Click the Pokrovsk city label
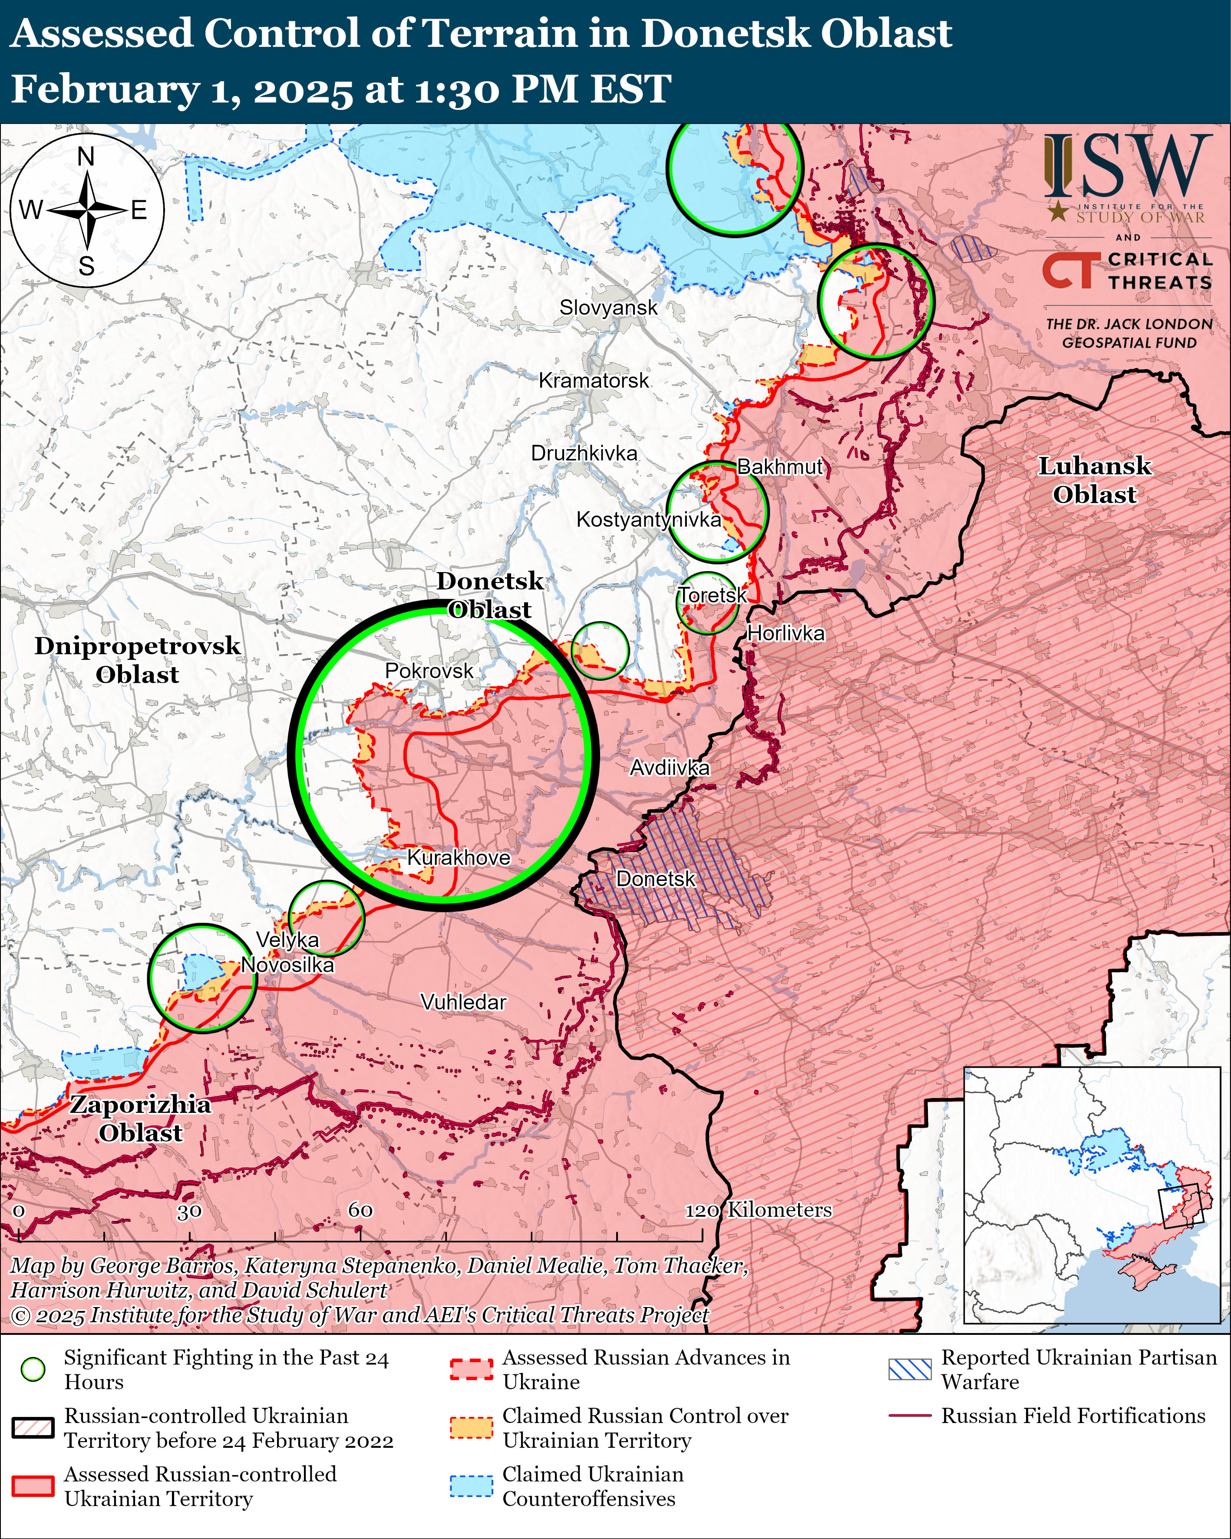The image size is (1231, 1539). (x=429, y=671)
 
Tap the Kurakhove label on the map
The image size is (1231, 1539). (x=458, y=857)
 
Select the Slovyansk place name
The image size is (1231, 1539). (x=608, y=308)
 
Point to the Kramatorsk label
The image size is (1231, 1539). (x=594, y=381)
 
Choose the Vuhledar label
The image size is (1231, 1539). (x=463, y=1002)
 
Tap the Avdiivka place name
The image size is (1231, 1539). (x=670, y=768)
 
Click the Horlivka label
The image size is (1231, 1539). (x=785, y=633)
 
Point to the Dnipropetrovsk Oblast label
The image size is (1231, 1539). (x=137, y=659)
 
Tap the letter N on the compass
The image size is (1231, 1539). (x=86, y=156)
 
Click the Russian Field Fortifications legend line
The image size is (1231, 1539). (x=910, y=1416)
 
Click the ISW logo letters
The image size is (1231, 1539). (x=1128, y=165)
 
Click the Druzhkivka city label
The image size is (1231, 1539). (x=584, y=453)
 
